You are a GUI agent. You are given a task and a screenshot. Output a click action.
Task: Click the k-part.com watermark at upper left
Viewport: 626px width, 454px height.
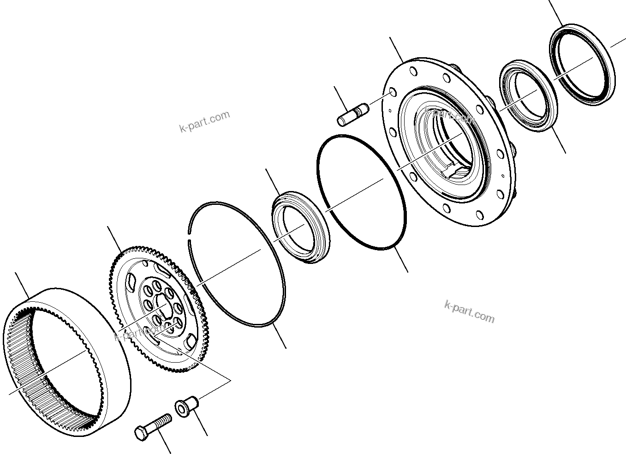click(x=204, y=121)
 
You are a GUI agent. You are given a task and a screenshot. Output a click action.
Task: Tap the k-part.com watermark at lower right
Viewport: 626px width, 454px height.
click(x=469, y=312)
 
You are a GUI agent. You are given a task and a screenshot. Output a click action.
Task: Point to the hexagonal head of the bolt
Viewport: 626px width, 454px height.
click(x=141, y=432)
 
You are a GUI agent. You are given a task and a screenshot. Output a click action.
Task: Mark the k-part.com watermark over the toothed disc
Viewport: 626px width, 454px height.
click(x=138, y=332)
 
